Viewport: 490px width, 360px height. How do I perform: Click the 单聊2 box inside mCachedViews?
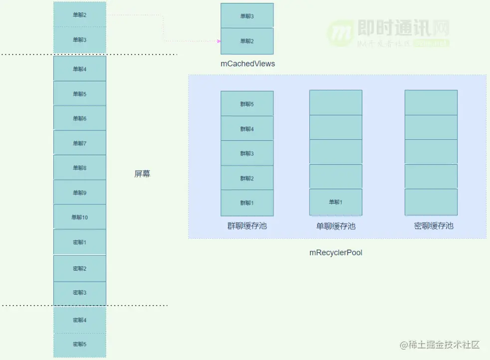pyautogui.click(x=247, y=41)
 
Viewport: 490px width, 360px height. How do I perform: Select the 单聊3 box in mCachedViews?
pyautogui.click(x=247, y=16)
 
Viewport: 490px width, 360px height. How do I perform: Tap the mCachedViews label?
pyautogui.click(x=248, y=64)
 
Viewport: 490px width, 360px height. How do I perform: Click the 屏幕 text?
pyautogui.click(x=142, y=174)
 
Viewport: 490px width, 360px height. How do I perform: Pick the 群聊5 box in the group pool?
pyautogui.click(x=247, y=104)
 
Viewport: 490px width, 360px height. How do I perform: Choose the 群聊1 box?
pyautogui.click(x=247, y=203)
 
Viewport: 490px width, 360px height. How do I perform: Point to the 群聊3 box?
pyautogui.click(x=247, y=153)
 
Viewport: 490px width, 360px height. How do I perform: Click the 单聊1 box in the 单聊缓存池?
pyautogui.click(x=336, y=202)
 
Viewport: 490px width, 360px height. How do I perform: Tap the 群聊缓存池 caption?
pyautogui.click(x=247, y=226)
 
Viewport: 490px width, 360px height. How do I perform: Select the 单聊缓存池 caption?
pyautogui.click(x=336, y=226)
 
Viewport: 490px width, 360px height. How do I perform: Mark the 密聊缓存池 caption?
pyautogui.click(x=434, y=226)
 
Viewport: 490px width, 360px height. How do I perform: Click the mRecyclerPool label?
pyautogui.click(x=336, y=253)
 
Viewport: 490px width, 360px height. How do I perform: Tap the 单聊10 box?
pyautogui.click(x=80, y=217)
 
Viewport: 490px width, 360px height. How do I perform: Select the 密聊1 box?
pyautogui.click(x=80, y=242)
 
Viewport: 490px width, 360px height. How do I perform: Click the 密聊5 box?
pyautogui.click(x=80, y=344)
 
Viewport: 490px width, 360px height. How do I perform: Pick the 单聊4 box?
pyautogui.click(x=80, y=69)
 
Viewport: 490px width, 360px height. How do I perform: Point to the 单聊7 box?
pyautogui.click(x=80, y=143)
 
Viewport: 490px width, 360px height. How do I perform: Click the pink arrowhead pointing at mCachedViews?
pyautogui.click(x=218, y=41)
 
